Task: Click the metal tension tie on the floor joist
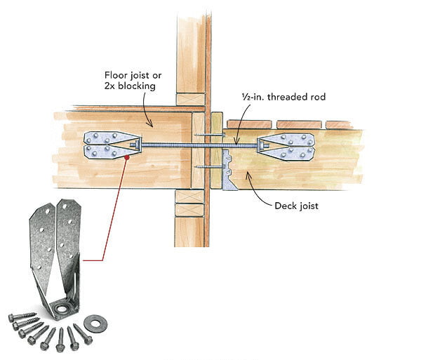111,146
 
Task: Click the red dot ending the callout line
126,159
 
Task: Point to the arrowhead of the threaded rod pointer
236,142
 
